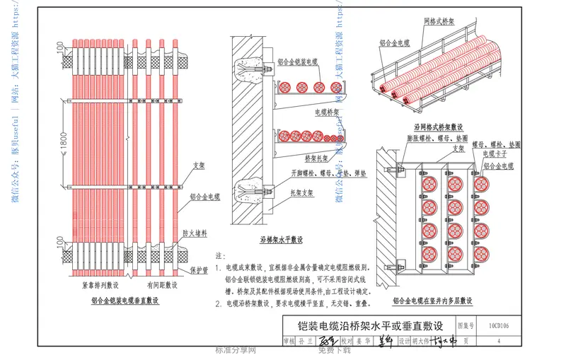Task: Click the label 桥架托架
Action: point(318,158)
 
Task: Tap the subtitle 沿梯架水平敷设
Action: point(281,240)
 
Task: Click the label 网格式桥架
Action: point(440,22)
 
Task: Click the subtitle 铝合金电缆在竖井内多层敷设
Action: point(432,301)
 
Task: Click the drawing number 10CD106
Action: point(503,326)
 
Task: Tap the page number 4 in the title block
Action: point(499,342)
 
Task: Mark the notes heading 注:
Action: point(219,255)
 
